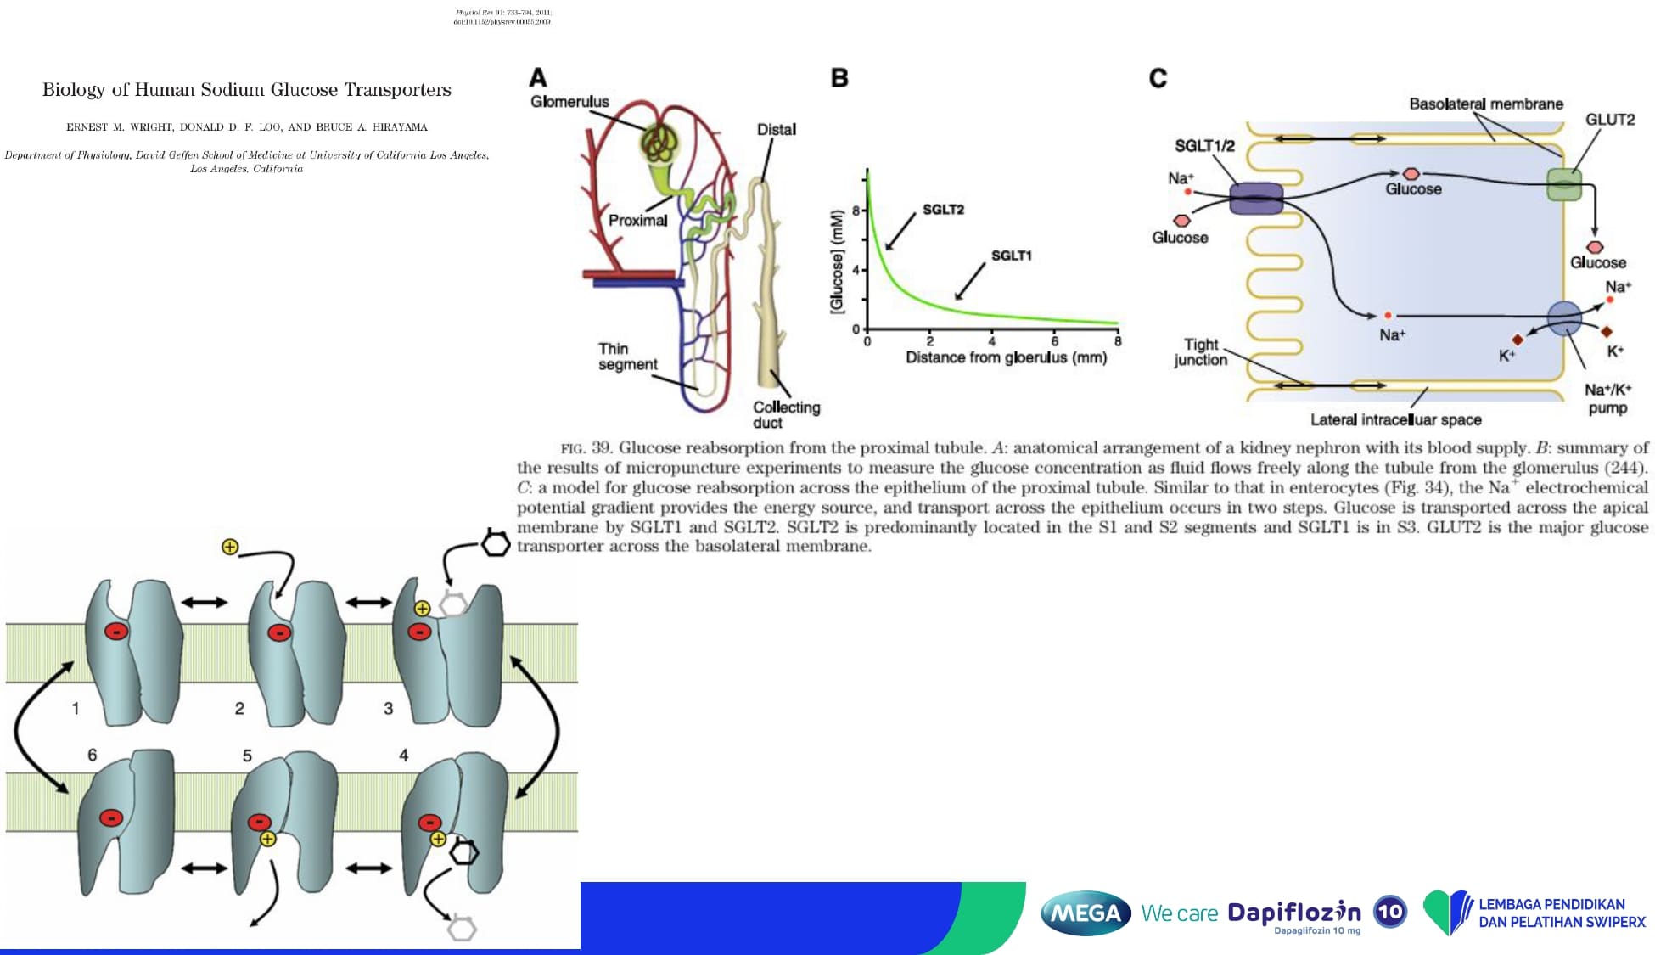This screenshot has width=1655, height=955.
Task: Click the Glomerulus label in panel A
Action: (569, 102)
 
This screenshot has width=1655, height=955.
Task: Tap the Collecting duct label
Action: (786, 414)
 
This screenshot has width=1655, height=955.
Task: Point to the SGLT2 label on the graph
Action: (943, 210)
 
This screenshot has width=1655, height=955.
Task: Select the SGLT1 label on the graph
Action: (1011, 256)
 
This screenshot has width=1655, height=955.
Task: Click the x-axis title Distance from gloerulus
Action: (1006, 357)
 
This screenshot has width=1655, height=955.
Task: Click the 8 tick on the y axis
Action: (856, 210)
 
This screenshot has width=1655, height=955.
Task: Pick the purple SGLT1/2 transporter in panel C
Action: (1256, 199)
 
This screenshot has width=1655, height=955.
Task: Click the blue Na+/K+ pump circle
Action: (1564, 318)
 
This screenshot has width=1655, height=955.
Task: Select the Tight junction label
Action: (1200, 352)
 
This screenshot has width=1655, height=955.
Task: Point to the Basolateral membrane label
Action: (1485, 104)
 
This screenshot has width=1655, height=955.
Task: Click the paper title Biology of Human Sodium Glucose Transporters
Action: (247, 90)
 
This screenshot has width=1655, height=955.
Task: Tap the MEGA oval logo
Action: (1086, 913)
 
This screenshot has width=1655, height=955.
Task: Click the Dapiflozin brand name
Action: (1293, 913)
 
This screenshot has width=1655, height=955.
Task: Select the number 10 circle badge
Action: (1389, 912)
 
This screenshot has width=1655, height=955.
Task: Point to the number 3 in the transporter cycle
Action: (388, 708)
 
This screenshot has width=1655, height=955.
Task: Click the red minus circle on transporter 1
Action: (116, 631)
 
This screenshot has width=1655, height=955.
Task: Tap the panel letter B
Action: (839, 78)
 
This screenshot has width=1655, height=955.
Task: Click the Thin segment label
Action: (627, 357)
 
